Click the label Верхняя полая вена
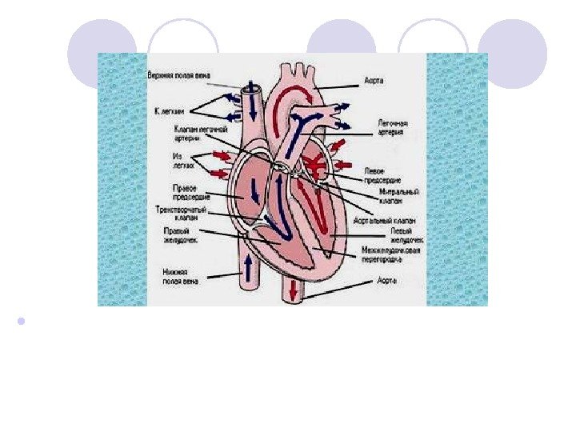(178, 75)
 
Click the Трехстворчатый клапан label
(181, 213)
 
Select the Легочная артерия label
(394, 127)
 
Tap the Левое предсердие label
(382, 175)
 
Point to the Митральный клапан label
(397, 197)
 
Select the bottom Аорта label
(387, 281)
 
